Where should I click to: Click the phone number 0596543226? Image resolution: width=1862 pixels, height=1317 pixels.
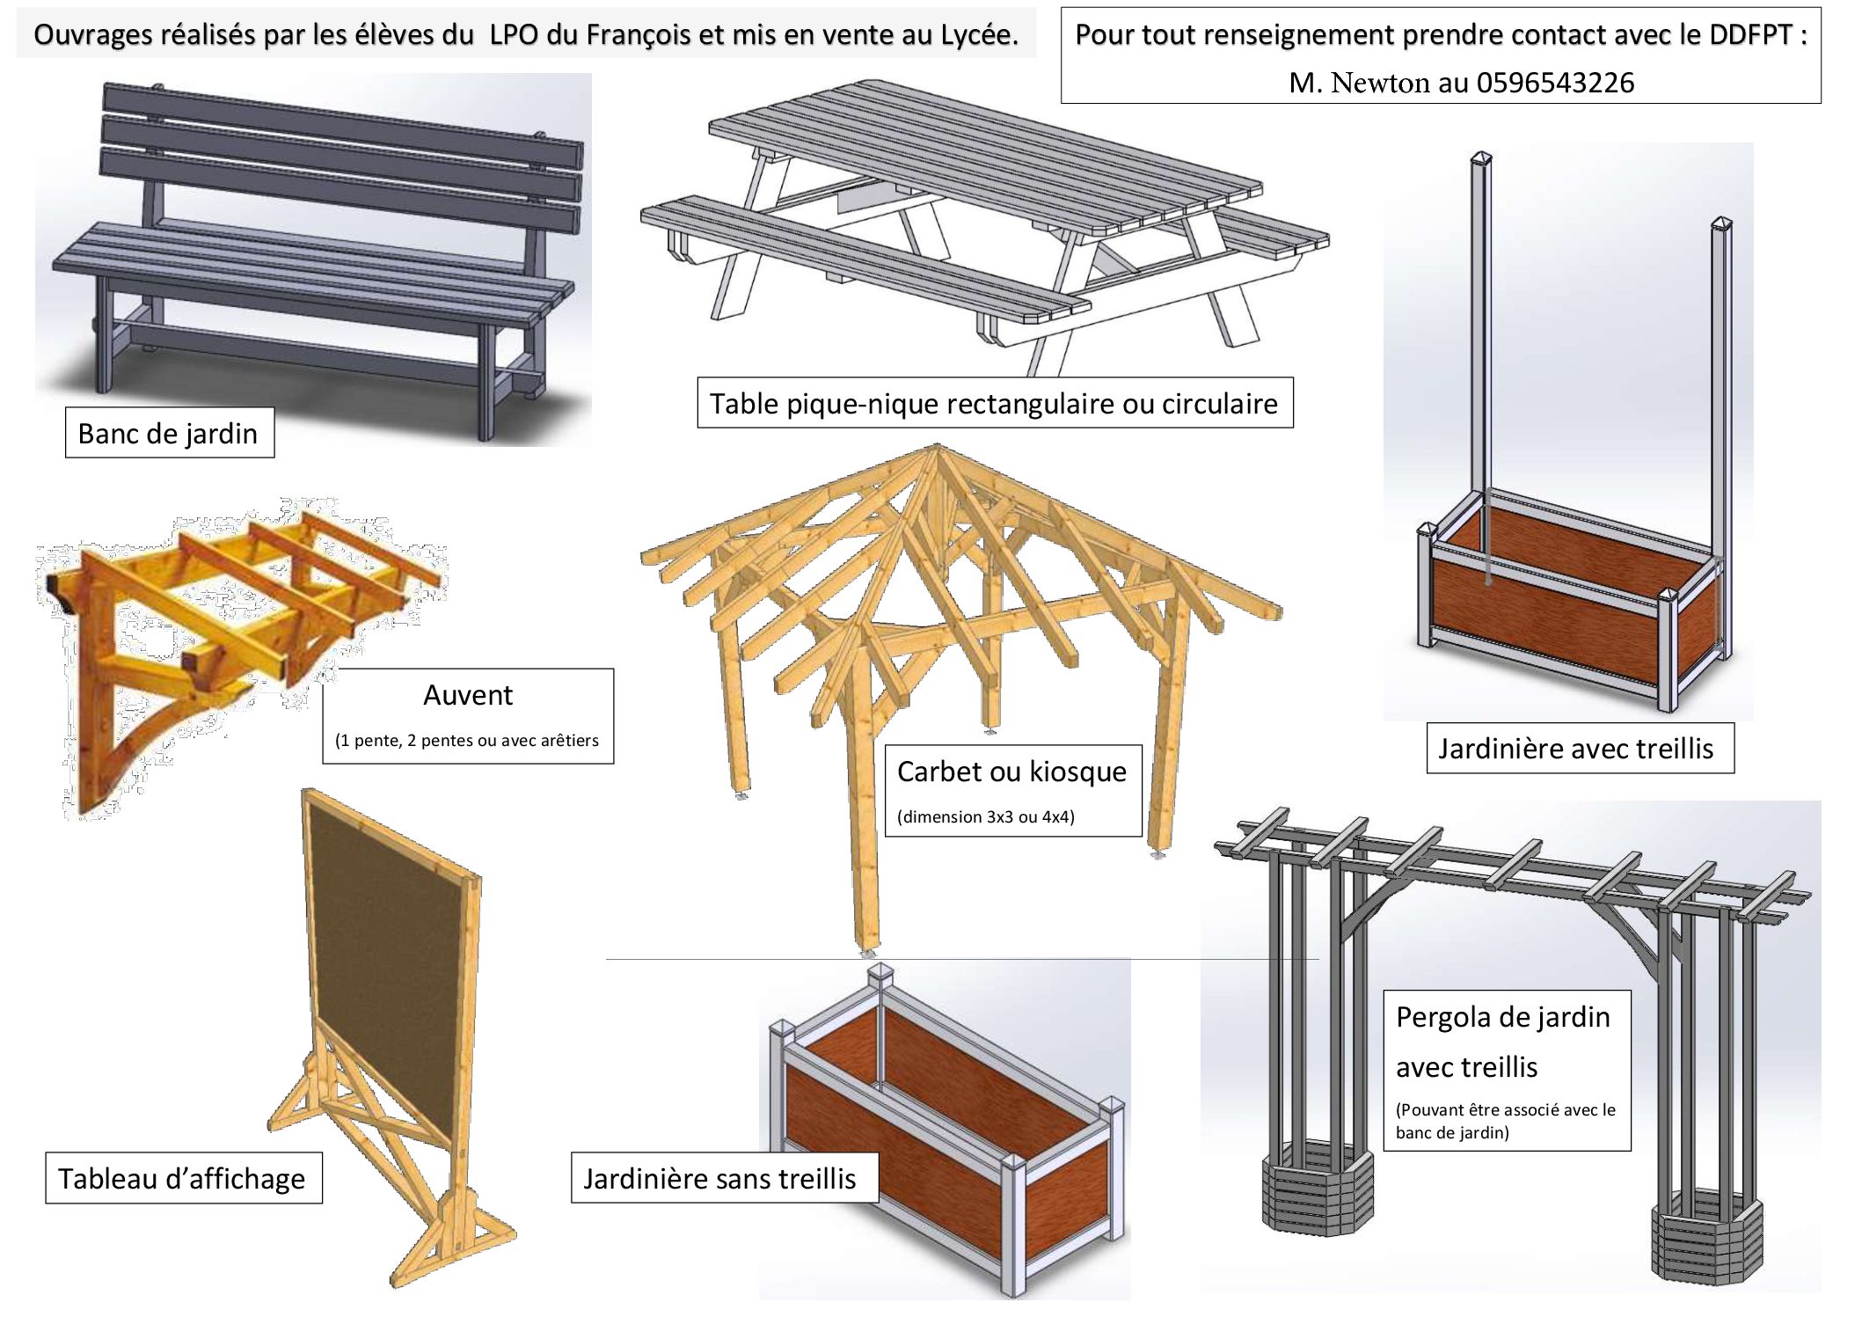tap(1554, 83)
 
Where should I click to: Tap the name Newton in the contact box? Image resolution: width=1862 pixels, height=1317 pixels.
tap(1381, 83)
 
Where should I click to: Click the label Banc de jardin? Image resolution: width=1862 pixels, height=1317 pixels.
tap(168, 433)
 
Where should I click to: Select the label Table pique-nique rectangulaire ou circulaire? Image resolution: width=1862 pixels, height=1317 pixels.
tap(994, 404)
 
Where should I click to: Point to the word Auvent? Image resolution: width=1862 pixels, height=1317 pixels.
tap(468, 695)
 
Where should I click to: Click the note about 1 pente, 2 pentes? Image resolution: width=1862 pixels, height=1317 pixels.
tap(467, 741)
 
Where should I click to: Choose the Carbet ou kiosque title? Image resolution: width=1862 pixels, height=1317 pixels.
tap(1011, 772)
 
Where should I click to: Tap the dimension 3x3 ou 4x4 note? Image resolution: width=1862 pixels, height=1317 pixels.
tap(985, 817)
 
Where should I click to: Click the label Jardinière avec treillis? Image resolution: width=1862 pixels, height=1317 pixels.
tap(1575, 749)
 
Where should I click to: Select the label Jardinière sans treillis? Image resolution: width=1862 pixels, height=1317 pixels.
tap(719, 1178)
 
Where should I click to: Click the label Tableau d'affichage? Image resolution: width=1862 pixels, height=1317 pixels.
tap(182, 1178)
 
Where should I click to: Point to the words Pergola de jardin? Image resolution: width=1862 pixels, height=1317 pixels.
tap(1502, 1017)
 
